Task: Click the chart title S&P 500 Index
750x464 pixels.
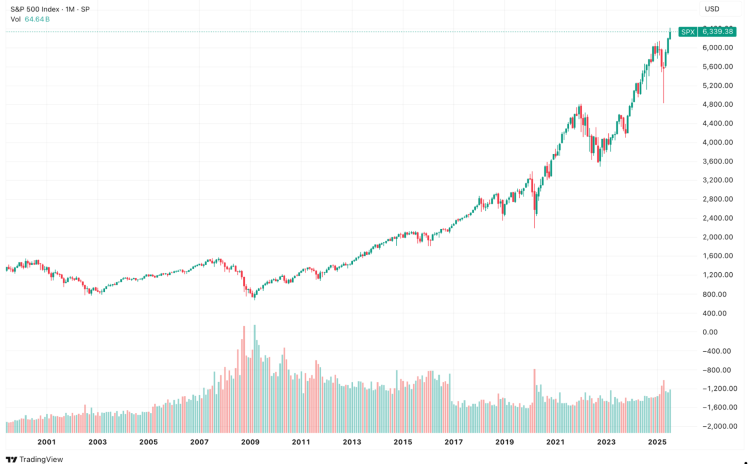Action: point(35,9)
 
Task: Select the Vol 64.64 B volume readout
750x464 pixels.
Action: point(30,19)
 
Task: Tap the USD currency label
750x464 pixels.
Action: point(712,9)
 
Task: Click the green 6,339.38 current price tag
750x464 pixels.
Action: point(718,32)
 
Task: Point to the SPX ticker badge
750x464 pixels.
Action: point(688,32)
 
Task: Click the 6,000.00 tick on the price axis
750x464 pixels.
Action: point(718,48)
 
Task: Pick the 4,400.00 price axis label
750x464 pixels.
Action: point(718,123)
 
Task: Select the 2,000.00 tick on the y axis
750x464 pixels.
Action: point(718,237)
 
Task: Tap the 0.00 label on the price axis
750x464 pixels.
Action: point(710,332)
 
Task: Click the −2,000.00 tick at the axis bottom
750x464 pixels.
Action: point(718,426)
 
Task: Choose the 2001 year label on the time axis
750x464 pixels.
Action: point(46,441)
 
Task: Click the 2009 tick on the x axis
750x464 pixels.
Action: point(250,441)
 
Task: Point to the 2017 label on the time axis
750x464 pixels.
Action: point(453,441)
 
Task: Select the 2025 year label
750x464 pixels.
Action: point(657,441)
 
